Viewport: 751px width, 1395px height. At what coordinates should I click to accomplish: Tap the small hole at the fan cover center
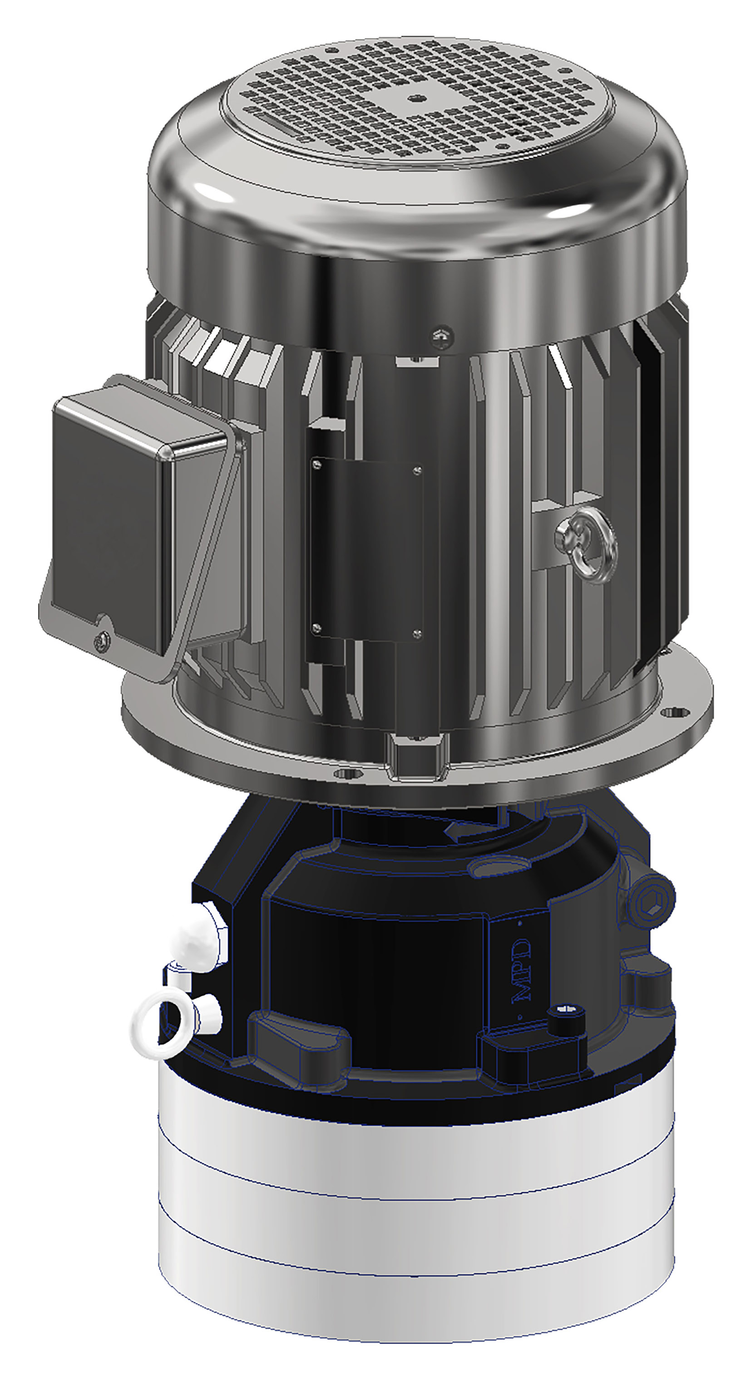pyautogui.click(x=415, y=98)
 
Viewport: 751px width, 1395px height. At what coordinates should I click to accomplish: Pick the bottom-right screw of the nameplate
pyautogui.click(x=417, y=631)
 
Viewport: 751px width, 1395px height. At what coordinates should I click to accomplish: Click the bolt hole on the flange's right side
pyautogui.click(x=675, y=713)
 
